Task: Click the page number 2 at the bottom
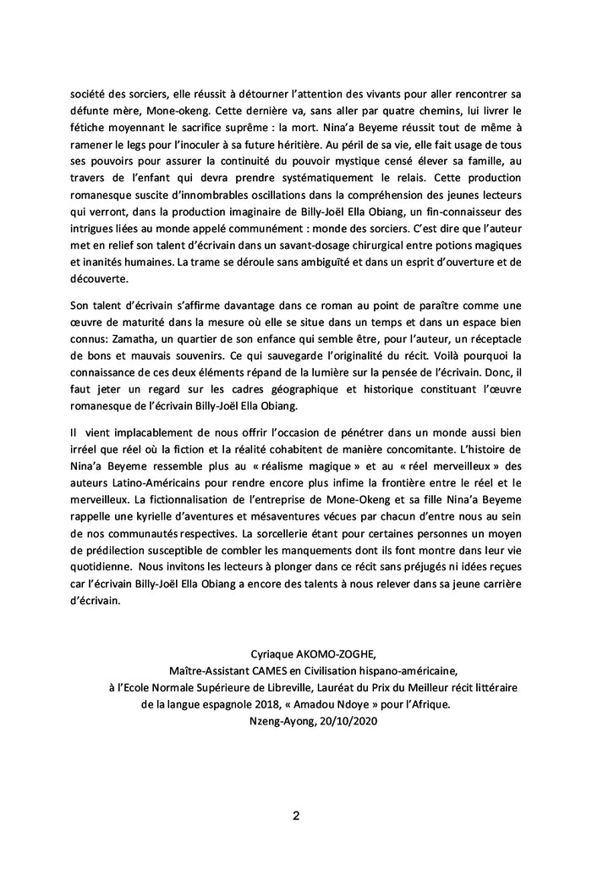pos(296,816)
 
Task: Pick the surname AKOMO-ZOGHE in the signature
pos(321,654)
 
